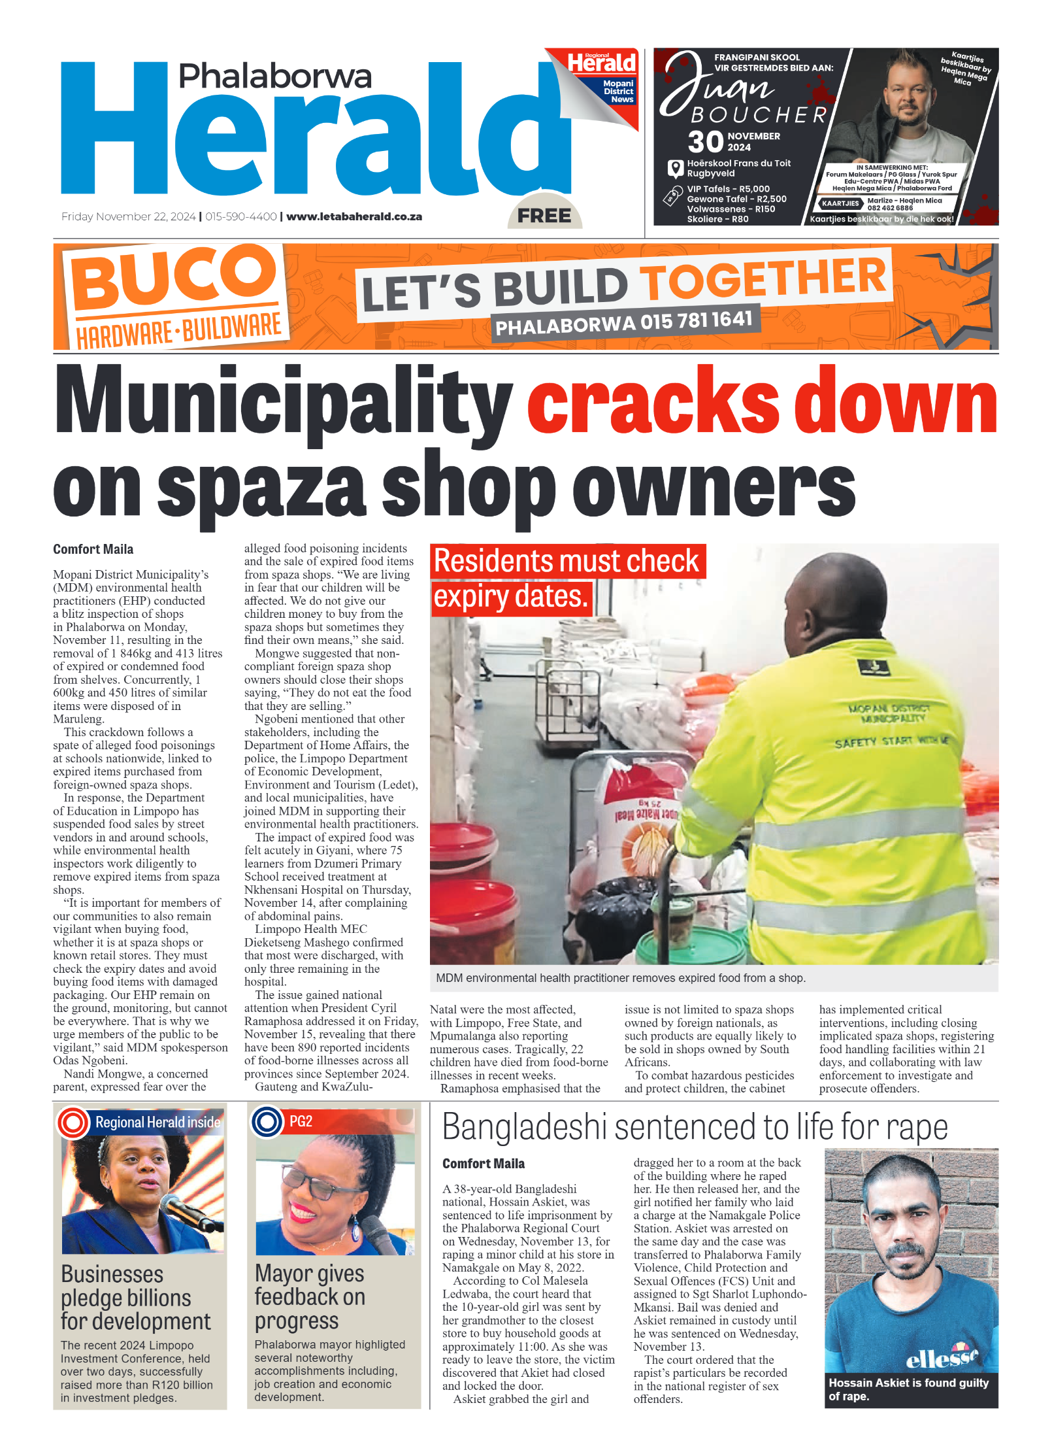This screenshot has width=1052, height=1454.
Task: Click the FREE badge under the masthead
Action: point(544,215)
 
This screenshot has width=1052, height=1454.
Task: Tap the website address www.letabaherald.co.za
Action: point(354,216)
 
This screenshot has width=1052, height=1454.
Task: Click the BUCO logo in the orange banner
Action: point(173,277)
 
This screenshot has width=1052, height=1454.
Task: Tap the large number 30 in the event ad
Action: point(706,142)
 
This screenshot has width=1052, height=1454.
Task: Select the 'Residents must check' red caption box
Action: point(567,562)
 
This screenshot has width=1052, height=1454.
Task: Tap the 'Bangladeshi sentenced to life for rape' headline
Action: point(695,1127)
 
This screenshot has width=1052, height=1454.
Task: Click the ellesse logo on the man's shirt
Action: point(941,1358)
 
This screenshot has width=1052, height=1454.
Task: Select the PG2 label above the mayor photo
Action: point(301,1121)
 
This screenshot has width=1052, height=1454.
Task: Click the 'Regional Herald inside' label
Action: point(157,1122)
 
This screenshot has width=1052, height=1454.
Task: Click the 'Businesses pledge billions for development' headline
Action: point(135,1298)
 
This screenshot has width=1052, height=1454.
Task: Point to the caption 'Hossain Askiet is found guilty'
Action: point(908,1389)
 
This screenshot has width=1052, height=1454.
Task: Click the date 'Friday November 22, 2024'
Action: point(128,216)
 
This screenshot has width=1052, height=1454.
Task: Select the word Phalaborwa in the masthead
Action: point(275,76)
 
